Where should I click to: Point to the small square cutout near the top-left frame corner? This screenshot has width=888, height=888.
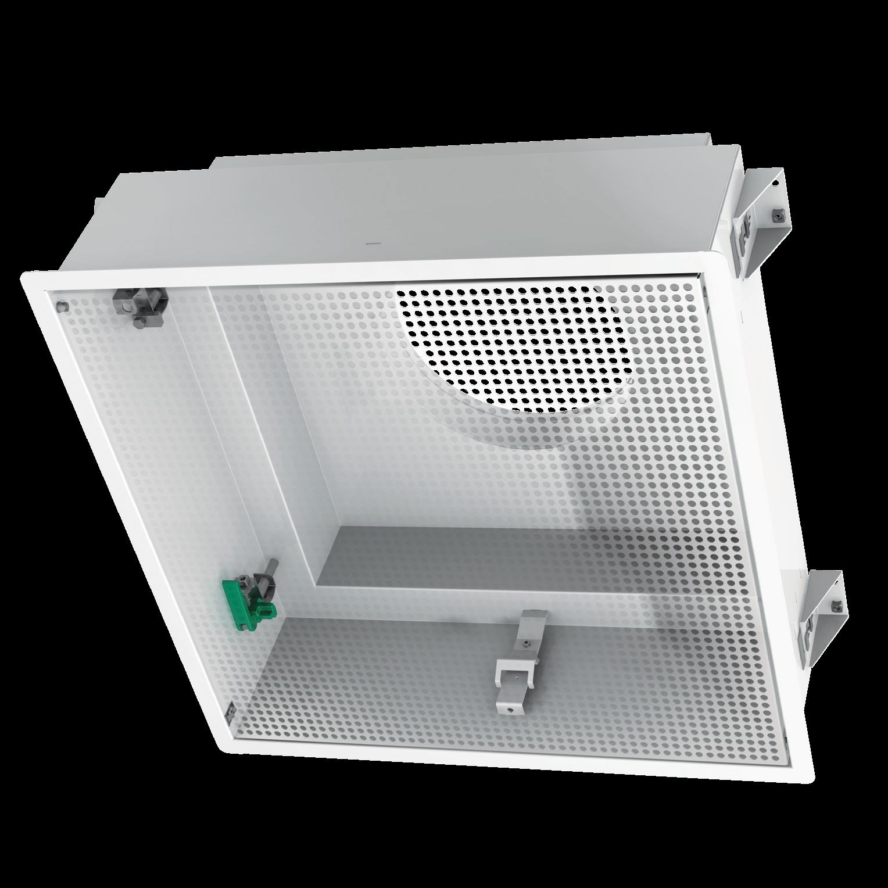pyautogui.click(x=59, y=304)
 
